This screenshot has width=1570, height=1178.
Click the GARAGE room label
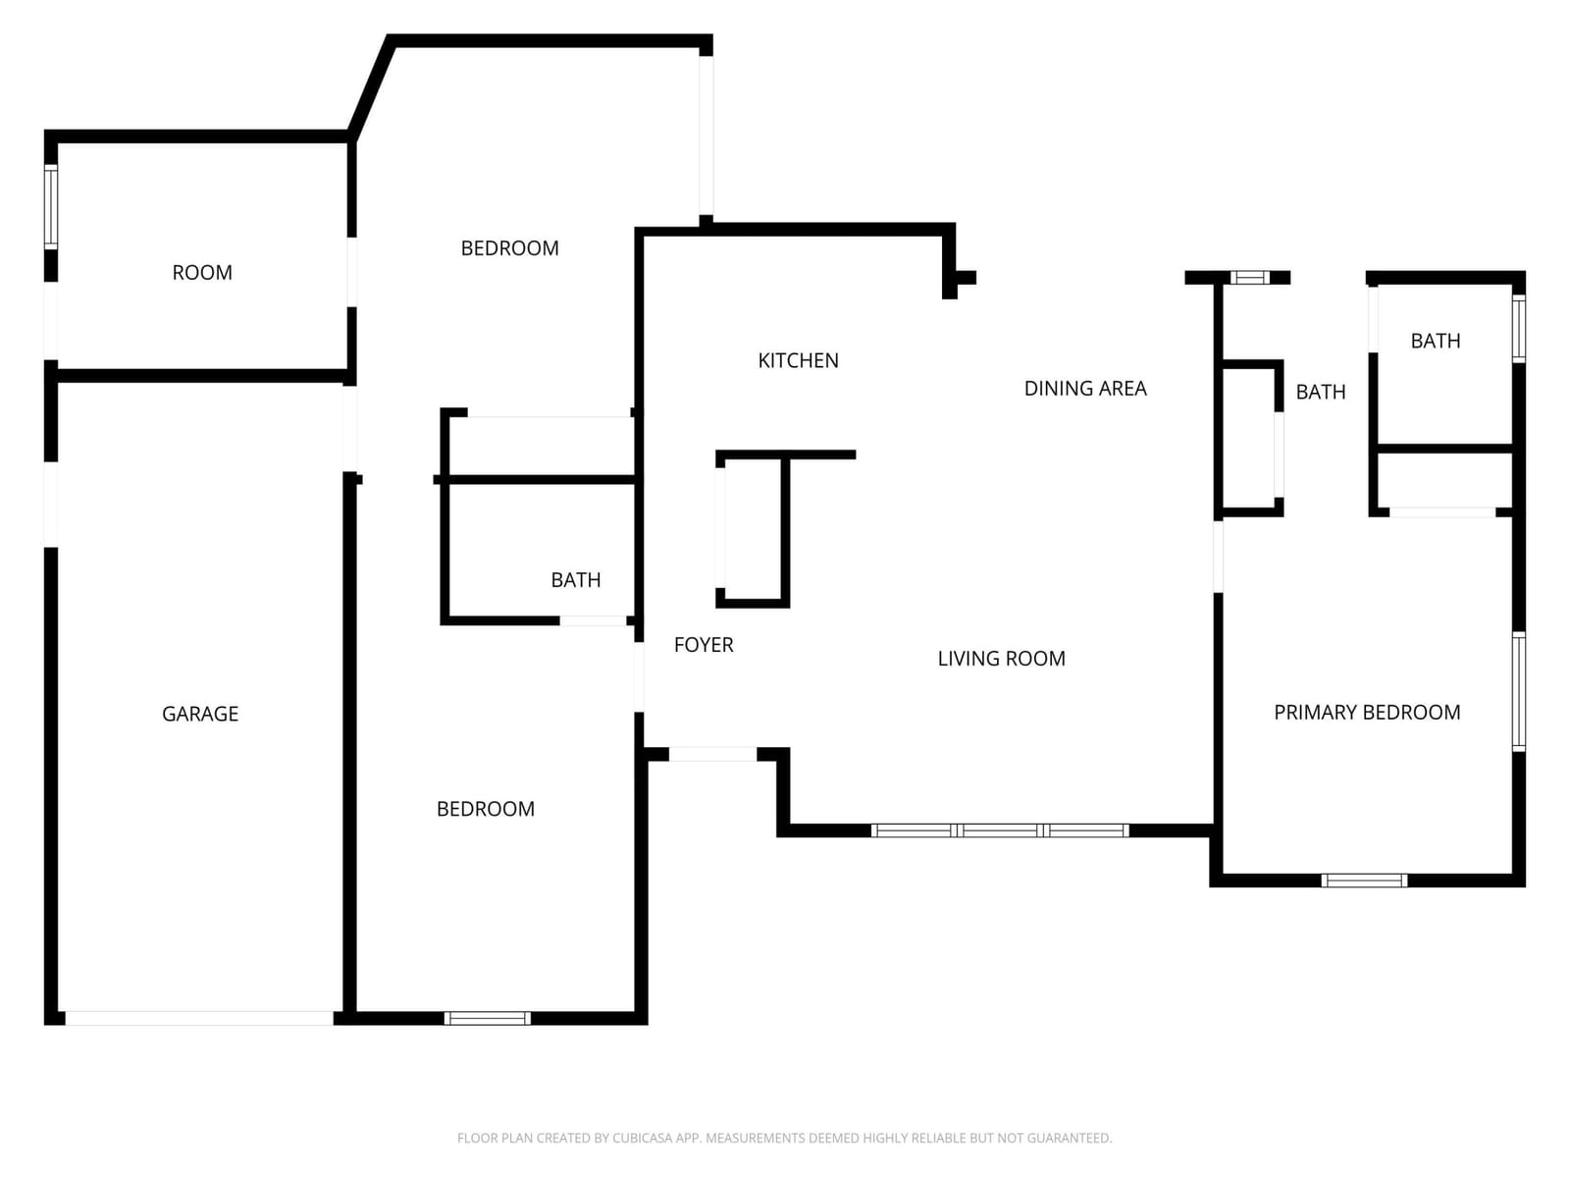click(x=200, y=714)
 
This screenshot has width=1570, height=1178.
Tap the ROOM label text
click(x=202, y=273)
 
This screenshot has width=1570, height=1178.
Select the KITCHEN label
click(x=798, y=360)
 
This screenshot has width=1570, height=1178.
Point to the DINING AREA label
click(x=1085, y=389)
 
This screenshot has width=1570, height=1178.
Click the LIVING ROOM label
click(x=1002, y=659)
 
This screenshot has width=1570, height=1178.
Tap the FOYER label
click(x=704, y=645)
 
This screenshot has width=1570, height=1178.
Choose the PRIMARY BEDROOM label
click(x=1367, y=713)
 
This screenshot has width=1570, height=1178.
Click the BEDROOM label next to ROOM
click(x=509, y=248)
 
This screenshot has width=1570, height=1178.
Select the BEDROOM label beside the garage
click(x=486, y=809)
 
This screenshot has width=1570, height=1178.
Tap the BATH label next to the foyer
click(x=576, y=580)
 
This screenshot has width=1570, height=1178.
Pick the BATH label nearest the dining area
click(x=1321, y=392)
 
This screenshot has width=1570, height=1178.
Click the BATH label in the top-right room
click(x=1436, y=342)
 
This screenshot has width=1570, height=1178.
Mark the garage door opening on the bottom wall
click(x=199, y=1018)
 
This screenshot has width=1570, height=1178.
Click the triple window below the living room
click(x=999, y=830)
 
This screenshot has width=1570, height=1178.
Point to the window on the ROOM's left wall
click(x=51, y=207)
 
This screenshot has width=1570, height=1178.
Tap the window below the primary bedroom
click(x=1364, y=881)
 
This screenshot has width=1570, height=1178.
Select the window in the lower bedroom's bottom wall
click(x=487, y=1018)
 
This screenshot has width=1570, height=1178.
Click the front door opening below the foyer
click(x=712, y=754)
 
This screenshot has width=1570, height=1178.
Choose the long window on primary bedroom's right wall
click(x=1519, y=692)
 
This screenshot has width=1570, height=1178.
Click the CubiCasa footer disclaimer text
click(x=785, y=1138)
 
